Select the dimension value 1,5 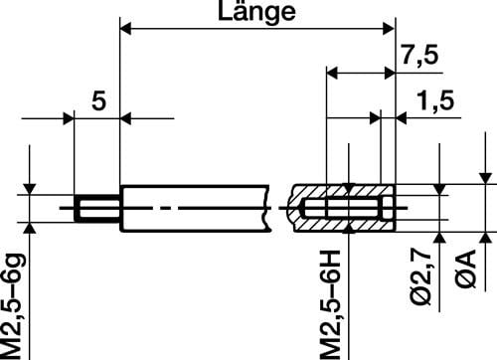tap(430, 101)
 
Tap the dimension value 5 tap(96, 100)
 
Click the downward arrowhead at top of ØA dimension tap(485, 179)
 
